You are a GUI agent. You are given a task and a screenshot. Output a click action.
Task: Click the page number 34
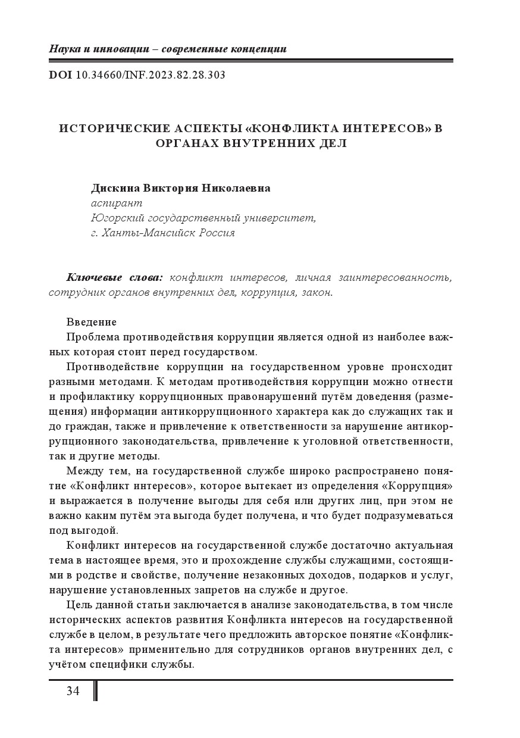click(73, 690)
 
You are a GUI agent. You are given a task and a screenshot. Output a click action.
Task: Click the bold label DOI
click(60, 76)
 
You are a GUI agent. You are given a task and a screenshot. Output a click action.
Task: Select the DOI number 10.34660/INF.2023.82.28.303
click(151, 76)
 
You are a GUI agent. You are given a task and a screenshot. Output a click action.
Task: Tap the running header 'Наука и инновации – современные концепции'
click(167, 49)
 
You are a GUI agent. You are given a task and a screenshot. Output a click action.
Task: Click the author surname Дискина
click(115, 188)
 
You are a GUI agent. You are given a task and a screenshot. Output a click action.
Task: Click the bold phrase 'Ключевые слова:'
click(115, 278)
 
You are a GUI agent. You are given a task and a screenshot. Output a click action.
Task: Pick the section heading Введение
click(92, 322)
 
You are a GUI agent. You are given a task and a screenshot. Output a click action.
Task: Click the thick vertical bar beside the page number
click(95, 690)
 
